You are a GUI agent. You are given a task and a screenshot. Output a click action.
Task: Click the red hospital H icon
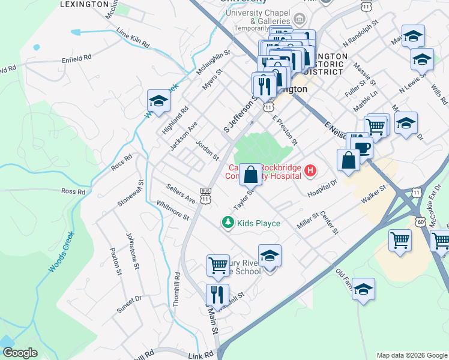[310, 172]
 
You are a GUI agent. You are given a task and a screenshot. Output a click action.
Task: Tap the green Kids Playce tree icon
[228, 223]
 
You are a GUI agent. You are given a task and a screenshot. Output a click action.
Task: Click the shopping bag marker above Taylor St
[251, 175]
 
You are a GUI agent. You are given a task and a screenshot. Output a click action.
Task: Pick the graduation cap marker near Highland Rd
[158, 101]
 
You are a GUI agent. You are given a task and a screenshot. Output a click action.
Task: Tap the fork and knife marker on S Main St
[217, 295]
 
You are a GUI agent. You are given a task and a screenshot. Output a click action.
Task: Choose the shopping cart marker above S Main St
[217, 266]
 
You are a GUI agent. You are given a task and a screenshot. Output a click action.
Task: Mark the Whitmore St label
[172, 211]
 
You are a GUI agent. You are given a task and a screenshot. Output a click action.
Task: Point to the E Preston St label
[285, 131]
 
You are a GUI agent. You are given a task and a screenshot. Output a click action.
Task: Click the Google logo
[20, 353]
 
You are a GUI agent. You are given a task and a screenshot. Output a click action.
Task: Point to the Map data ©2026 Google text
[411, 355]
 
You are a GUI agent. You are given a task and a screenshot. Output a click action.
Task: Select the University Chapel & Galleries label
[254, 17]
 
